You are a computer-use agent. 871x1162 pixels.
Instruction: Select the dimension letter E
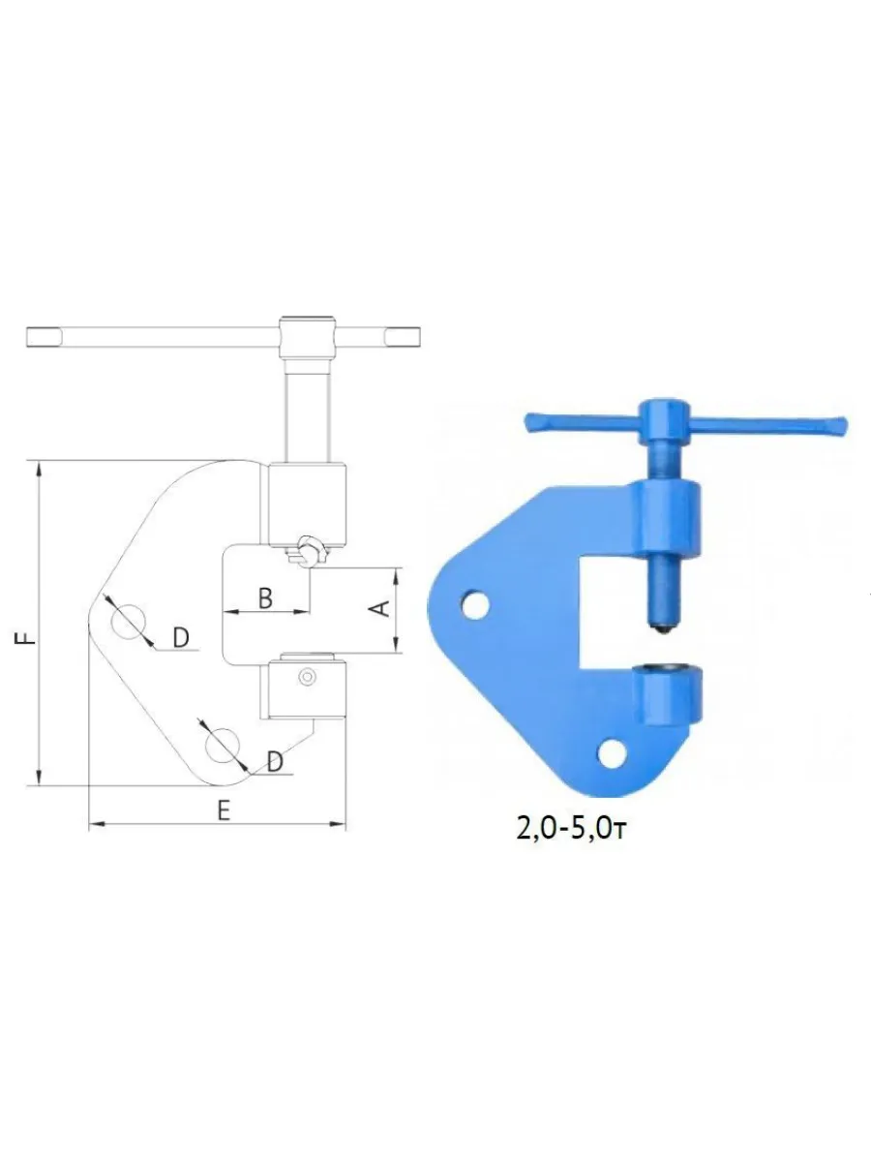point(224,810)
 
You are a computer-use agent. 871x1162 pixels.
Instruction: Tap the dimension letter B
point(265,598)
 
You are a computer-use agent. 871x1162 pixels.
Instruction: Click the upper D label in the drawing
point(181,638)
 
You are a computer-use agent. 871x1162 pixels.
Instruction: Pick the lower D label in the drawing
point(275,762)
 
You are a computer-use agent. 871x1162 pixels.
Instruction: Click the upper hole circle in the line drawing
point(129,621)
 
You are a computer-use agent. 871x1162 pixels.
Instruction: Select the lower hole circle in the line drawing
point(223,746)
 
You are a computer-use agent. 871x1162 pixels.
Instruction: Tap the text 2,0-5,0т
point(572,830)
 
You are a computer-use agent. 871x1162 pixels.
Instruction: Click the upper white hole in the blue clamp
point(475,604)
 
